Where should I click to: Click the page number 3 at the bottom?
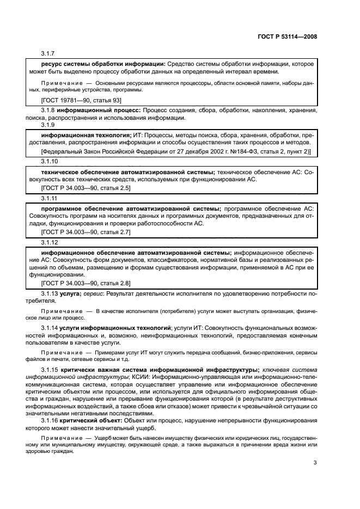pyautogui.click(x=315, y=463)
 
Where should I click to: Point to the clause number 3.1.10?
pyautogui.click(x=49, y=162)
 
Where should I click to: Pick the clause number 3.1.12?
pyautogui.click(x=49, y=242)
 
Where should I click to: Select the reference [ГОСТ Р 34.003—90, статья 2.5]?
pyautogui.click(x=86, y=187)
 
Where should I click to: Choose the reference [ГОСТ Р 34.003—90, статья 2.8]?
pyautogui.click(x=86, y=283)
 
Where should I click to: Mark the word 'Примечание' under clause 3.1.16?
pyautogui.click(x=58, y=437)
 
